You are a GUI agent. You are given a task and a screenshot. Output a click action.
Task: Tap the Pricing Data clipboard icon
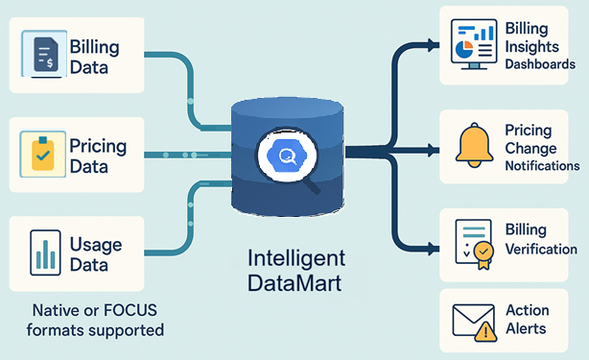(x=40, y=154)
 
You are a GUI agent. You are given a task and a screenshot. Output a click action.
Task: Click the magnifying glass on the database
(x=289, y=156)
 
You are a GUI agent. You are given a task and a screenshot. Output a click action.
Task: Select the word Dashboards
(x=539, y=64)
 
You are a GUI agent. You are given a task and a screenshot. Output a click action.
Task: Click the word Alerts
(x=527, y=328)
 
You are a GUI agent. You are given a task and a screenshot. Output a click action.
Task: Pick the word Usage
(x=96, y=243)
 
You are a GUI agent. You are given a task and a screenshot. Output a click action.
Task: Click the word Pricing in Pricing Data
(x=98, y=147)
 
